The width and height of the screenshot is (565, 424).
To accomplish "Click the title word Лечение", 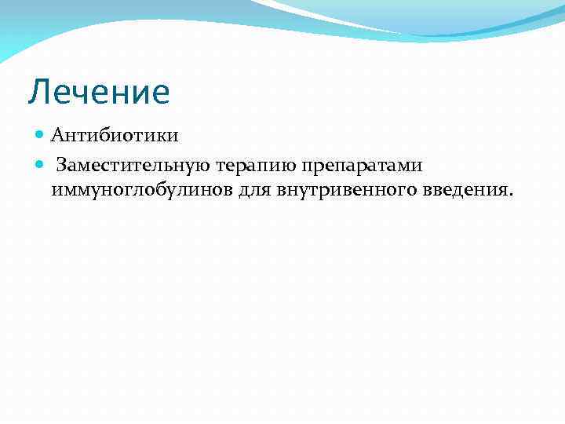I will (99, 92).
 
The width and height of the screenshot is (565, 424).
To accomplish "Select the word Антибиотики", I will (115, 136).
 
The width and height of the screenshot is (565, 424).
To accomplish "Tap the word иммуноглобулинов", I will (141, 191).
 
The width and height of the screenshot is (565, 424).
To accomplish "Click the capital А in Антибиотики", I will (57, 136).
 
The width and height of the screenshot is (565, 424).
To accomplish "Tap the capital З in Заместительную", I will (61, 166).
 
